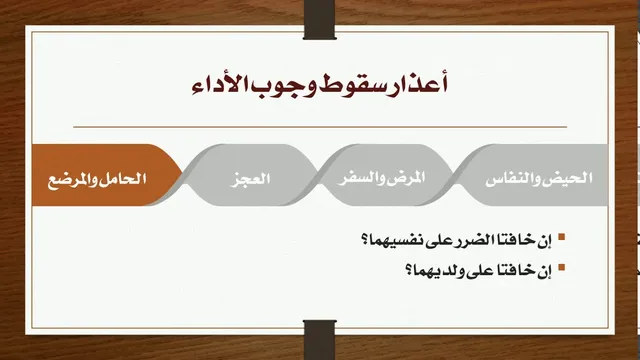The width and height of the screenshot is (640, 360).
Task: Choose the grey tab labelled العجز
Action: pyautogui.click(x=250, y=175)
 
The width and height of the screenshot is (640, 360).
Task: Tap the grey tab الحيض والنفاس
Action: pyautogui.click(x=535, y=175)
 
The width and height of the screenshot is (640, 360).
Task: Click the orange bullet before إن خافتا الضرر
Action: pyautogui.click(x=562, y=237)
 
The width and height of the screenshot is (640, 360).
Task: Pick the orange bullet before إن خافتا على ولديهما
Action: pyautogui.click(x=562, y=268)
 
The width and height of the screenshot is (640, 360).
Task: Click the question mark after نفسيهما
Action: pyautogui.click(x=365, y=240)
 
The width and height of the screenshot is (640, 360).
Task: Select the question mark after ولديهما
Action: pyautogui.click(x=409, y=271)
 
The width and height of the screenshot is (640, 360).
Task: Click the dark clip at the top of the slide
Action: pyautogui.click(x=320, y=20)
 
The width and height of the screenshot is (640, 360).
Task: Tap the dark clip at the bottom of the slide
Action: pyautogui.click(x=320, y=340)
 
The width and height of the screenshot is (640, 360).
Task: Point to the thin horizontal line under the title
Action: pyautogui.click(x=320, y=127)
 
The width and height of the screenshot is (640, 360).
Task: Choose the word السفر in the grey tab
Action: pyautogui.click(x=356, y=178)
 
